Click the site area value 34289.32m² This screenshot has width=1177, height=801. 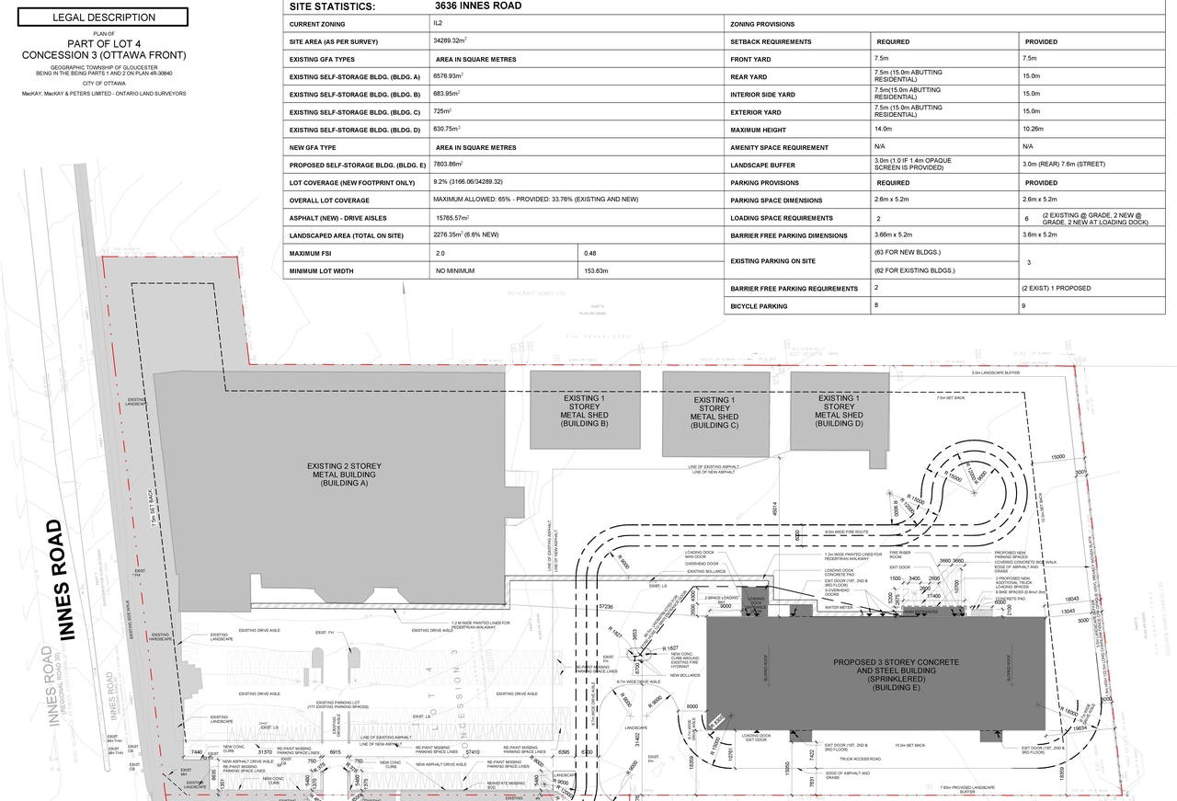click(450, 41)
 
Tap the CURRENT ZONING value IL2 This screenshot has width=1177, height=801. click(438, 24)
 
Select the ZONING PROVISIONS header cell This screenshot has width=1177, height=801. click(762, 24)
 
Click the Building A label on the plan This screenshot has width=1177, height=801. click(344, 475)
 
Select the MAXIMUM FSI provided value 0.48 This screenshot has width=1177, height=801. click(589, 253)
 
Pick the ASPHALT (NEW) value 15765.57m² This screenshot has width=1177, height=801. click(451, 218)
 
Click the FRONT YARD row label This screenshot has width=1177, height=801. click(750, 59)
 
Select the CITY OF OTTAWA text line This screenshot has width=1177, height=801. click(105, 83)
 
